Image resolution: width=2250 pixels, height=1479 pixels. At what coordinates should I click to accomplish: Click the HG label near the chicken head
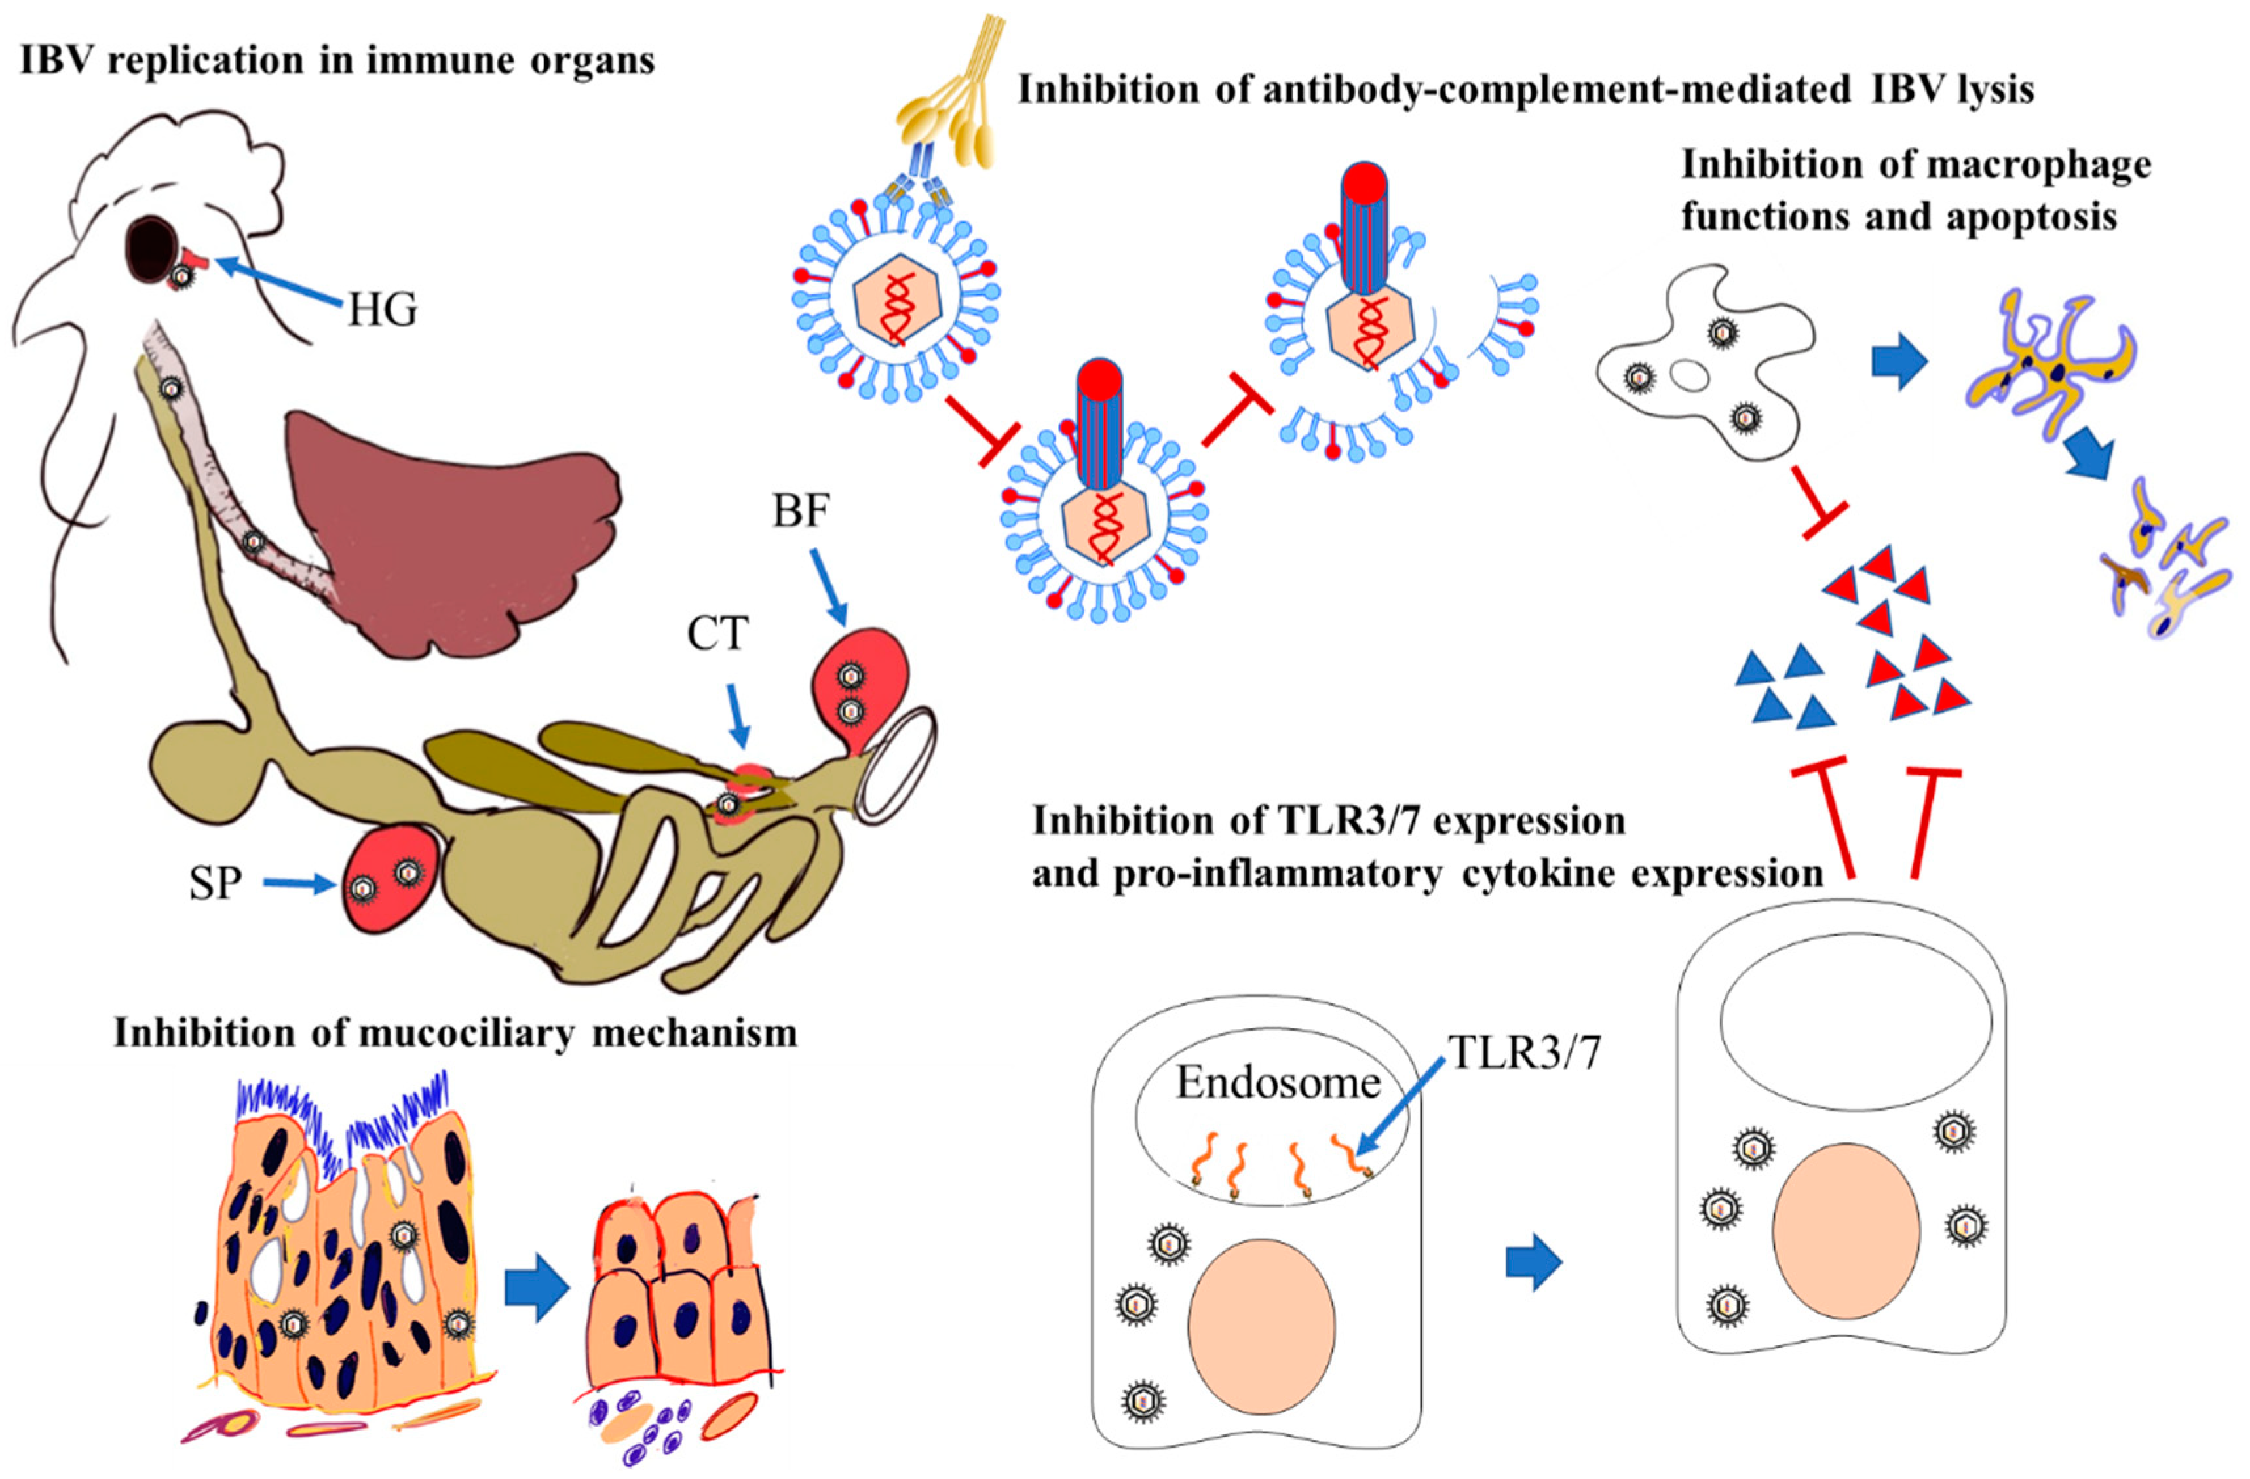(x=382, y=309)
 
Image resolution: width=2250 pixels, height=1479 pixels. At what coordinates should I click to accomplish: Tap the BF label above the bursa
(x=801, y=512)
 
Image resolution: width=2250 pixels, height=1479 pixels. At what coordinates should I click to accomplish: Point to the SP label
(x=216, y=883)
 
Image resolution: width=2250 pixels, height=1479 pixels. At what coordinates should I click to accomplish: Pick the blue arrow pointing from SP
(x=299, y=884)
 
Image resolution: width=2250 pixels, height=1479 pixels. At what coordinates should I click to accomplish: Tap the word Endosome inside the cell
(x=1277, y=1083)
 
